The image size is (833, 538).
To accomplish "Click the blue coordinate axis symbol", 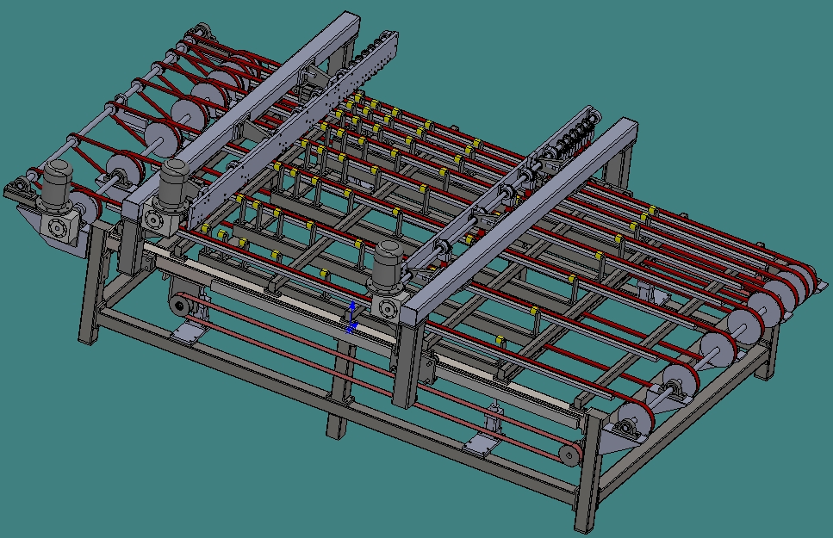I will click(x=351, y=318).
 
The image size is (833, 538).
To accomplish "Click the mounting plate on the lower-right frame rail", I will click(x=476, y=442).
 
